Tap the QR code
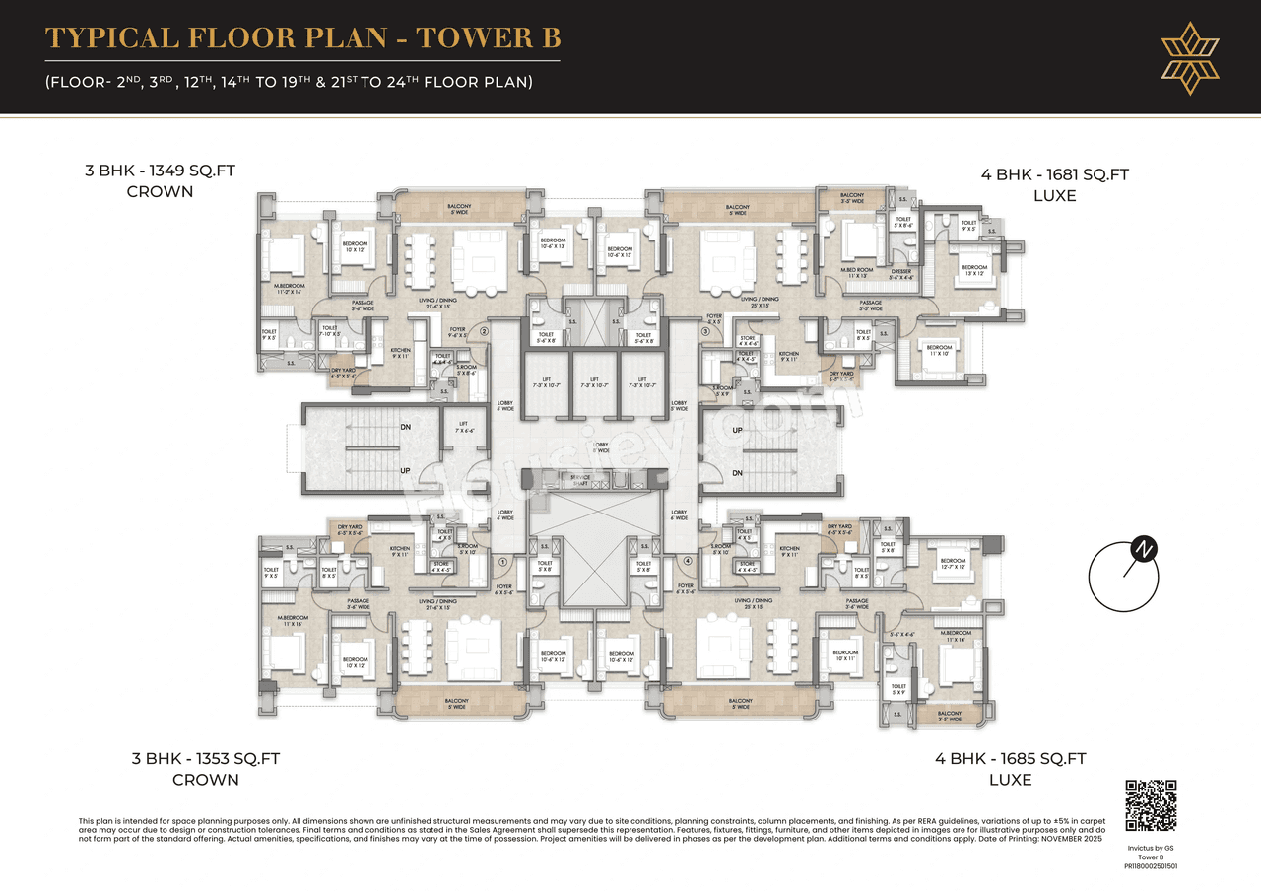pos(1151,805)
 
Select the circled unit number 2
pos(484,332)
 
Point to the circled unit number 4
pos(688,562)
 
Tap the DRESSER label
pos(900,274)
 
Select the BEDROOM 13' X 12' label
pos(973,270)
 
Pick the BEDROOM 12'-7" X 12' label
pos(952,564)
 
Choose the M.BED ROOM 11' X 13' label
pos(856,273)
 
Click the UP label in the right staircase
pos(737,431)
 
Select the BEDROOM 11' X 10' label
pos(939,350)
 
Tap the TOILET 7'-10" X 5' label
pos(329,330)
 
